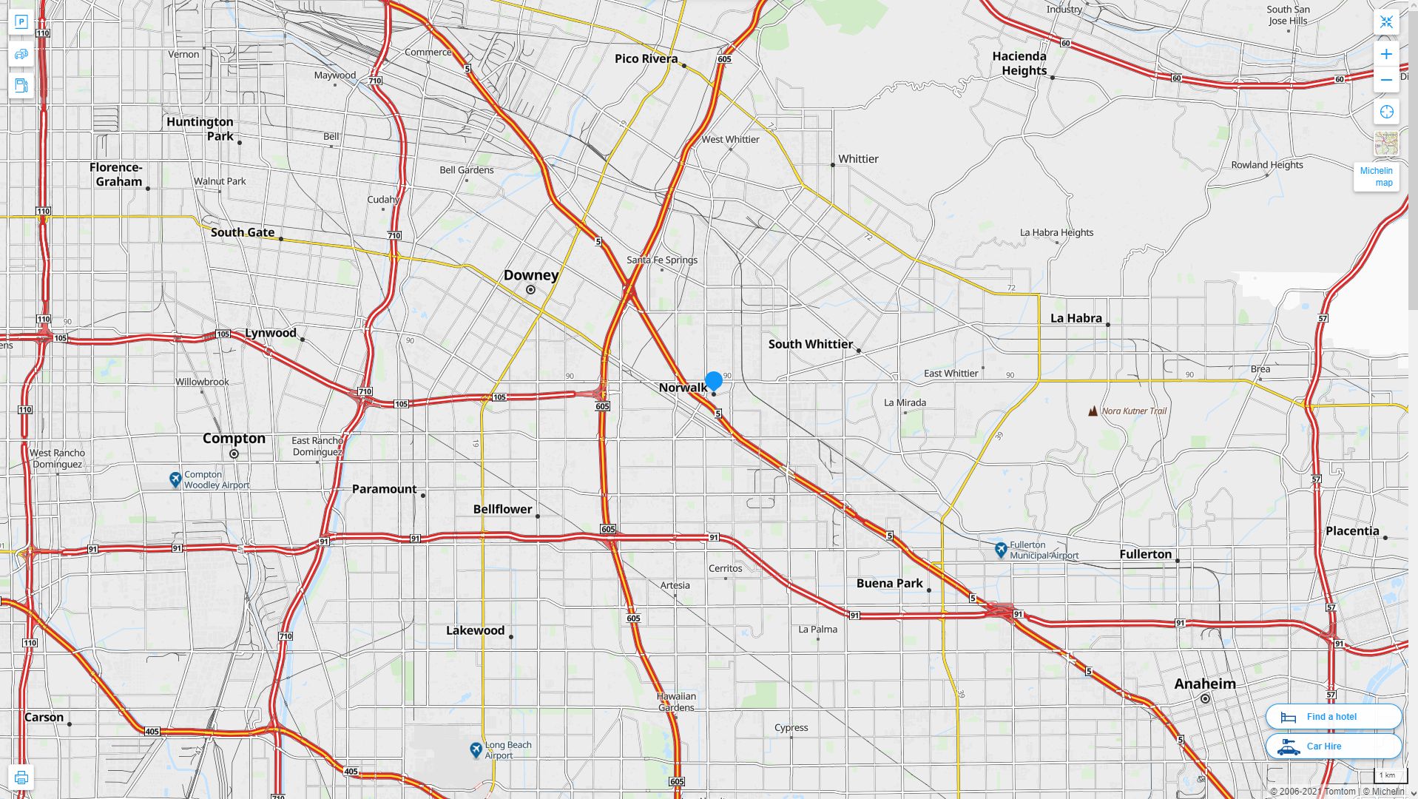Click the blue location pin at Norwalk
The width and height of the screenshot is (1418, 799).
click(x=713, y=381)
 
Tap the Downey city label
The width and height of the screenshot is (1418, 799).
click(x=530, y=275)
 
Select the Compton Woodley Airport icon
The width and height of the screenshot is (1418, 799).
click(x=175, y=480)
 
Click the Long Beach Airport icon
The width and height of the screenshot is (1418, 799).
click(x=476, y=750)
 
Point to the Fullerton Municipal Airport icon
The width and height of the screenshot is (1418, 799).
click(x=1001, y=550)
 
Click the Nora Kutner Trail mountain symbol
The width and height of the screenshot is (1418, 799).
click(x=1093, y=411)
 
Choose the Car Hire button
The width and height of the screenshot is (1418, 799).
click(x=1333, y=746)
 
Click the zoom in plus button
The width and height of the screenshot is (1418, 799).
click(x=1385, y=54)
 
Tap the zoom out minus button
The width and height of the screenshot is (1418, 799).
click(x=1385, y=80)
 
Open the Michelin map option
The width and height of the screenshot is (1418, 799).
click(x=1376, y=176)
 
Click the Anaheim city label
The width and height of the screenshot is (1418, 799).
click(x=1204, y=684)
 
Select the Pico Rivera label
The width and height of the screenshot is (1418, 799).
click(x=646, y=58)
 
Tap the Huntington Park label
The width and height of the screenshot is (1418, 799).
click(x=200, y=129)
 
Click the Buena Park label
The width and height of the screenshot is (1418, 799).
click(x=889, y=583)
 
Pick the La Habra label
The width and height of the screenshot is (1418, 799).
click(x=1076, y=318)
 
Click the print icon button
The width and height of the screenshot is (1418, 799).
click(x=21, y=777)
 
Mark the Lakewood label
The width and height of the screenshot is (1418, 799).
click(x=475, y=630)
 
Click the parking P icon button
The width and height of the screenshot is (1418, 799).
click(x=21, y=22)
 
